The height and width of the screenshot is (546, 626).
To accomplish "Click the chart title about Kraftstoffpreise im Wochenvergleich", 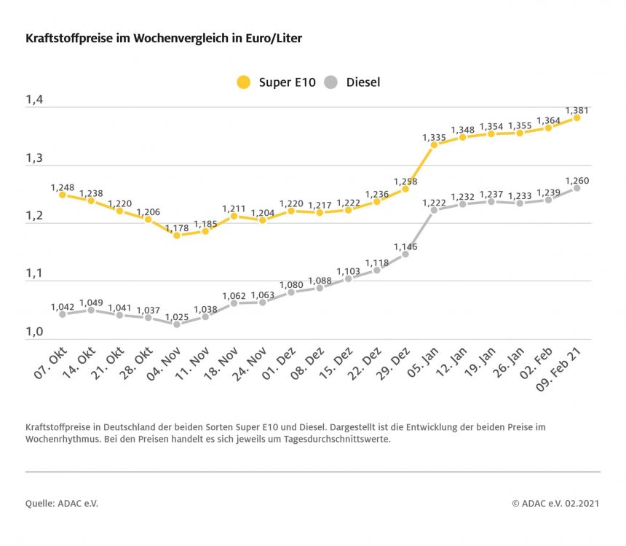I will (x=163, y=38).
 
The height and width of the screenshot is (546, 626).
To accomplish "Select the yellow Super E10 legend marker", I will (x=244, y=82).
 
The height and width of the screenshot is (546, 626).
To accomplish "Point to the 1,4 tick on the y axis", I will (x=34, y=101).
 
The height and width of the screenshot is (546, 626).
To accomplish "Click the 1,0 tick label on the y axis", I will (x=34, y=332).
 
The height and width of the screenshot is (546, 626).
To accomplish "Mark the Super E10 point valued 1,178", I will (x=177, y=235).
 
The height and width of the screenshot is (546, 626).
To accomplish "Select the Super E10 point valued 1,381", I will (x=577, y=117).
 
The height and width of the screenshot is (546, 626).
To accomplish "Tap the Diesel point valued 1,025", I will (x=177, y=324).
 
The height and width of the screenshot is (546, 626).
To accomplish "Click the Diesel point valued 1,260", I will (x=577, y=187).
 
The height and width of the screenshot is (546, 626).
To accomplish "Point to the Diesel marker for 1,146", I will (x=405, y=254).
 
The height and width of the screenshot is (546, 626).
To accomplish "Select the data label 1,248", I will (x=63, y=187).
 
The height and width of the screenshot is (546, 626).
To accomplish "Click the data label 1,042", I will (x=63, y=307).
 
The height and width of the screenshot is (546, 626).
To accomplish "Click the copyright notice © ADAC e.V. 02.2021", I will (x=555, y=503).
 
